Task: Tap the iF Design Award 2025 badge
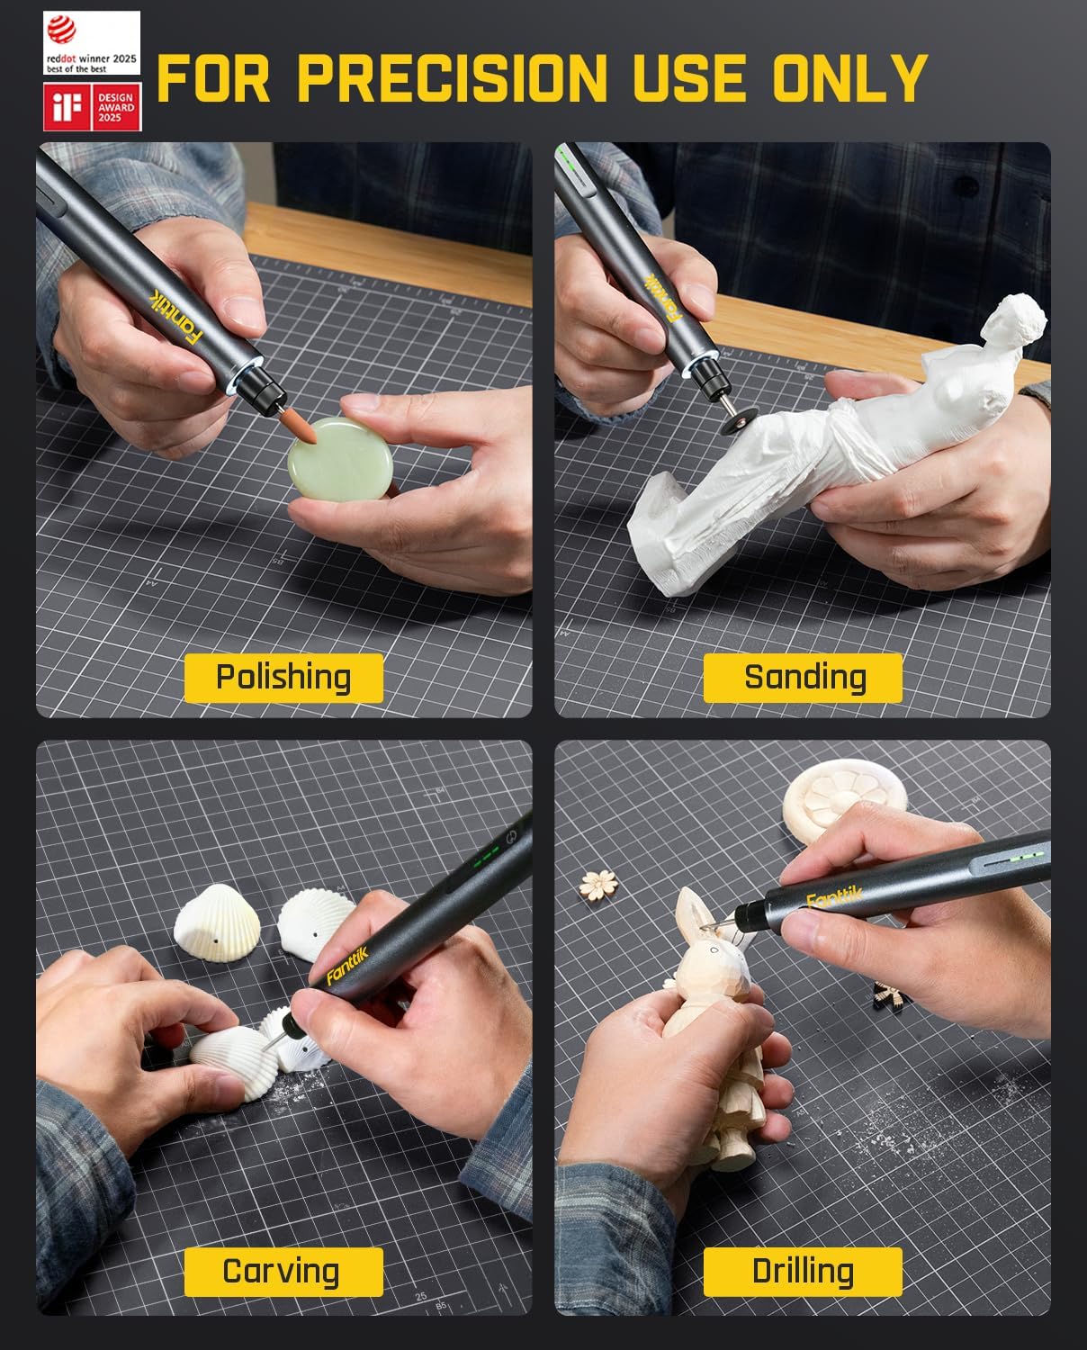click(x=92, y=107)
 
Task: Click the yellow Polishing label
click(x=283, y=678)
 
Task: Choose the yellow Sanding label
click(x=803, y=678)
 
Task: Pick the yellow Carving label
click(x=283, y=1271)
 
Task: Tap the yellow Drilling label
click(x=803, y=1271)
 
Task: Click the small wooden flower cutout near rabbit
click(x=594, y=882)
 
